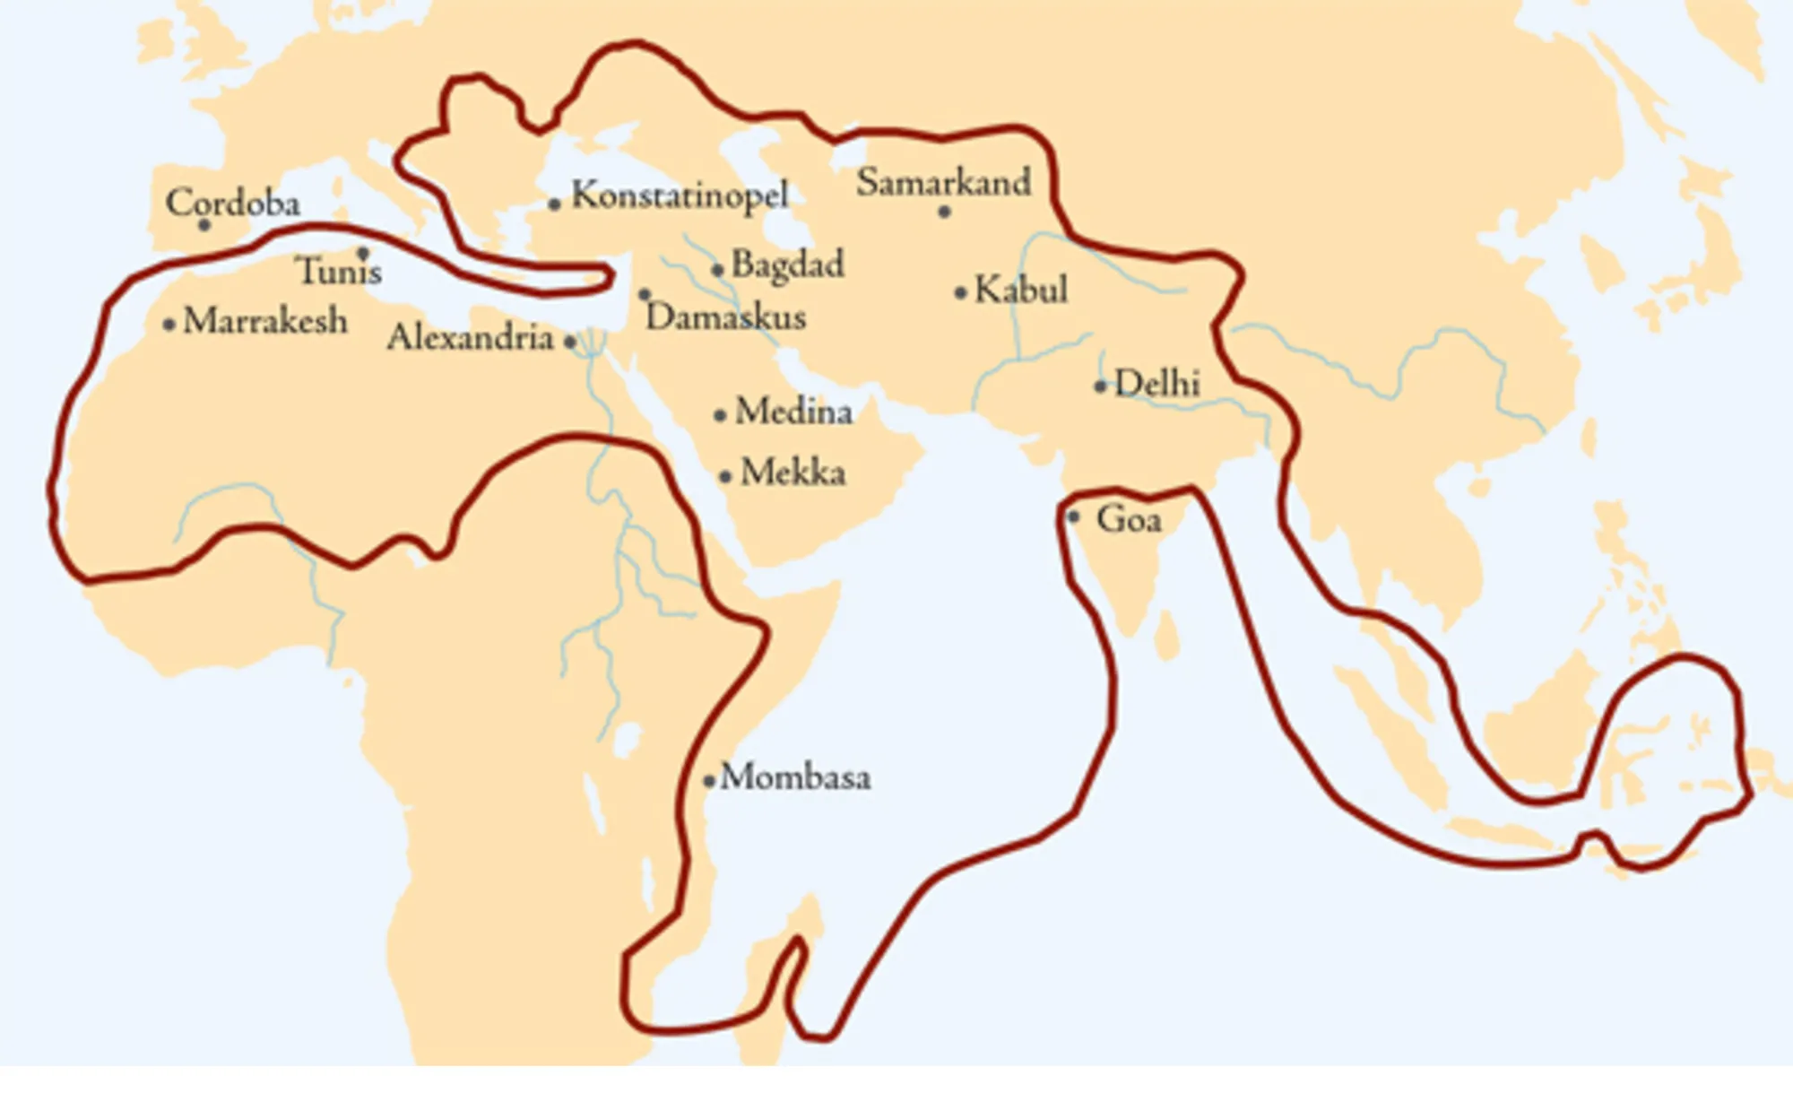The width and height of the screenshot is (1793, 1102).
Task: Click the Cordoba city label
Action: (232, 203)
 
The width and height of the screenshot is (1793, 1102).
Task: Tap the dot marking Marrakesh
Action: (169, 324)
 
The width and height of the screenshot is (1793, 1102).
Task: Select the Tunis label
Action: (339, 271)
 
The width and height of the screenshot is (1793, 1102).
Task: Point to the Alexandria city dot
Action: (570, 342)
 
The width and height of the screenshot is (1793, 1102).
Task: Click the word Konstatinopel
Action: (680, 195)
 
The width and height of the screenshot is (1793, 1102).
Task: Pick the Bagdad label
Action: (787, 265)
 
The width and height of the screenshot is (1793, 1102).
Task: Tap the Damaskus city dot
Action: (644, 294)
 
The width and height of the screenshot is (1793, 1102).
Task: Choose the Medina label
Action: (793, 412)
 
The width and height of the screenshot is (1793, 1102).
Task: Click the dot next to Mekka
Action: (725, 476)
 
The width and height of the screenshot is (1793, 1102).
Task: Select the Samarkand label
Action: (943, 183)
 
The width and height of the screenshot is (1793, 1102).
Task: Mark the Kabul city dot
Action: (960, 292)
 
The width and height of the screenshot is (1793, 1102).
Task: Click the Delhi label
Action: (1156, 384)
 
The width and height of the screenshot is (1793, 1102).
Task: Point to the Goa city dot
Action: (1073, 517)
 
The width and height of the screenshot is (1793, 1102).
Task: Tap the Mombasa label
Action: (795, 777)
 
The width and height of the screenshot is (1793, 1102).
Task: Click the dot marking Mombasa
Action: (709, 781)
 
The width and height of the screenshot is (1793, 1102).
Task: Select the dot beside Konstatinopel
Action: (555, 204)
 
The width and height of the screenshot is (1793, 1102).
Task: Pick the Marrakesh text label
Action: (264, 321)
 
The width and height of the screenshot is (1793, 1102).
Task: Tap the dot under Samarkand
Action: (944, 213)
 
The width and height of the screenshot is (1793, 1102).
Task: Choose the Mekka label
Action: (793, 473)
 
